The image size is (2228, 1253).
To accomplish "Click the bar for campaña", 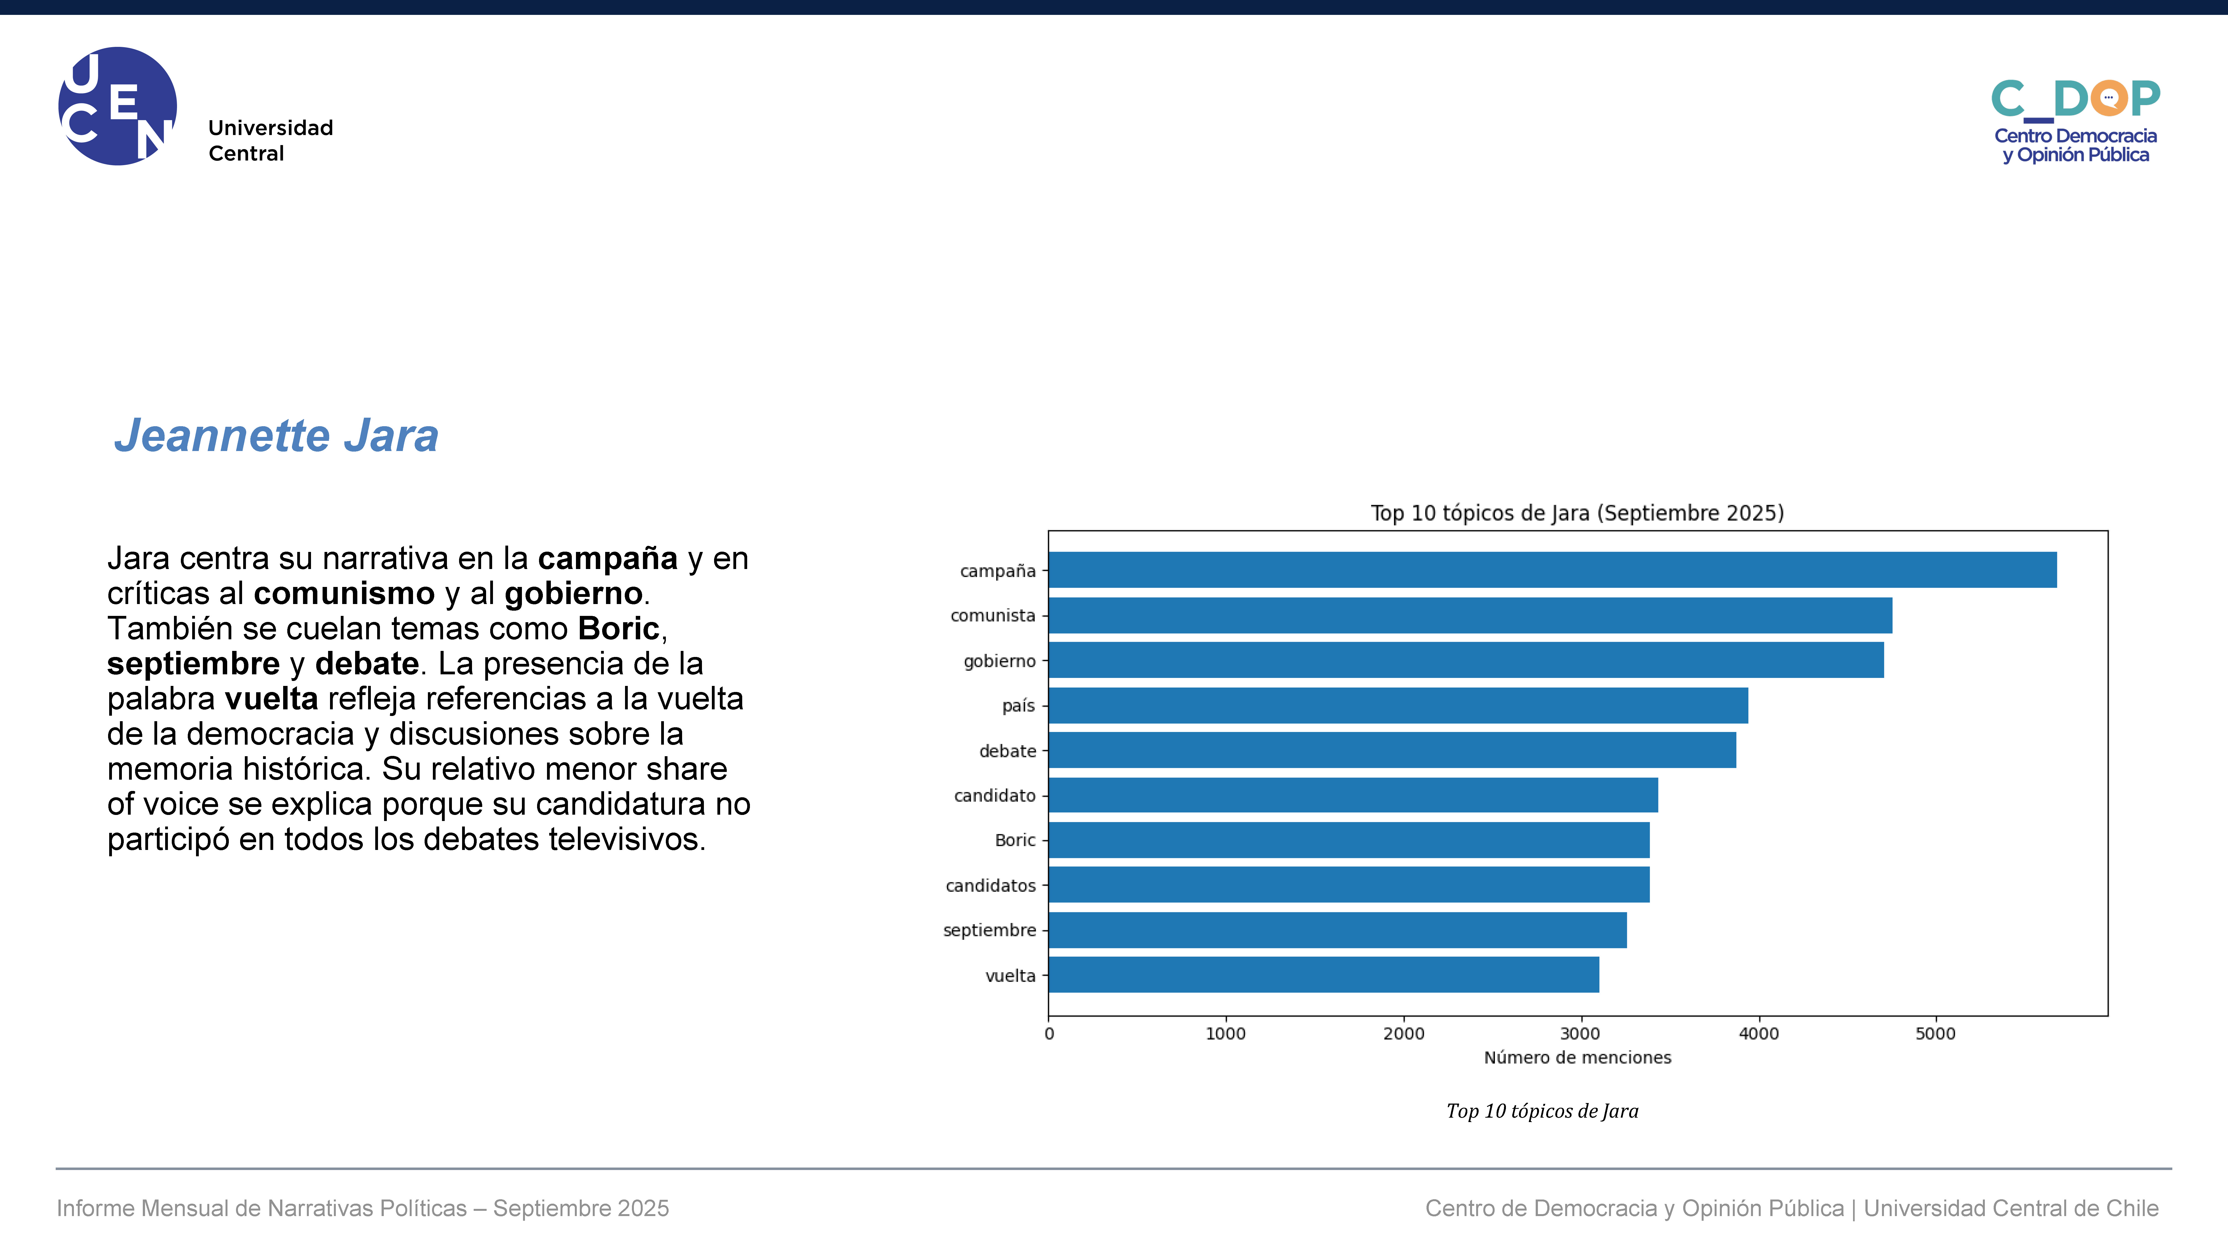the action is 1553,570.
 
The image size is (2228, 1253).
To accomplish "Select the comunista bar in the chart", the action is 1470,615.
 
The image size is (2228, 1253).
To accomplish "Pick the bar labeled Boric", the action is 1349,840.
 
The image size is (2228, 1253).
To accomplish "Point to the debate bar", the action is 1393,750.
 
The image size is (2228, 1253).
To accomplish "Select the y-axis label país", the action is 1019,706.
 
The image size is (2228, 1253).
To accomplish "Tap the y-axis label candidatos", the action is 990,886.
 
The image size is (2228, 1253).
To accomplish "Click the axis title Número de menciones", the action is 1578,1058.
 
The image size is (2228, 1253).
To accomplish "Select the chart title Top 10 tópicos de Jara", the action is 1578,513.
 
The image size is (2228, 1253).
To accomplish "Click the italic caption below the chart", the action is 1542,1111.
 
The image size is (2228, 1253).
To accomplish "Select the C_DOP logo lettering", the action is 2076,100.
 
